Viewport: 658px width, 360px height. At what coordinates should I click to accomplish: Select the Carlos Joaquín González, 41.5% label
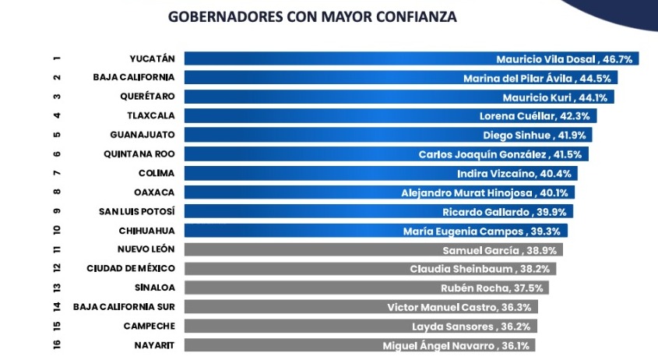coord(501,154)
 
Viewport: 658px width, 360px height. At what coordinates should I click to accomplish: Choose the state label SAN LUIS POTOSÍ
coord(137,211)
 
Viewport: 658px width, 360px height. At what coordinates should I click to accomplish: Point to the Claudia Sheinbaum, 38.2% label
coord(481,269)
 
